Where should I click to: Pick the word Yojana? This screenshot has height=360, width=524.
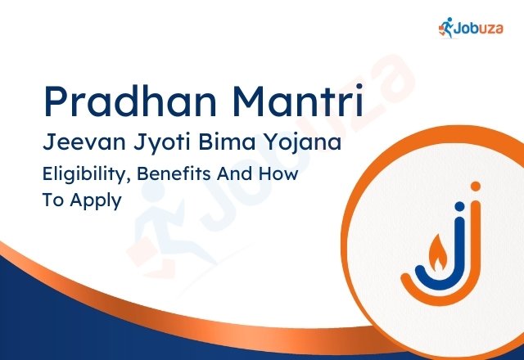click(298, 144)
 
